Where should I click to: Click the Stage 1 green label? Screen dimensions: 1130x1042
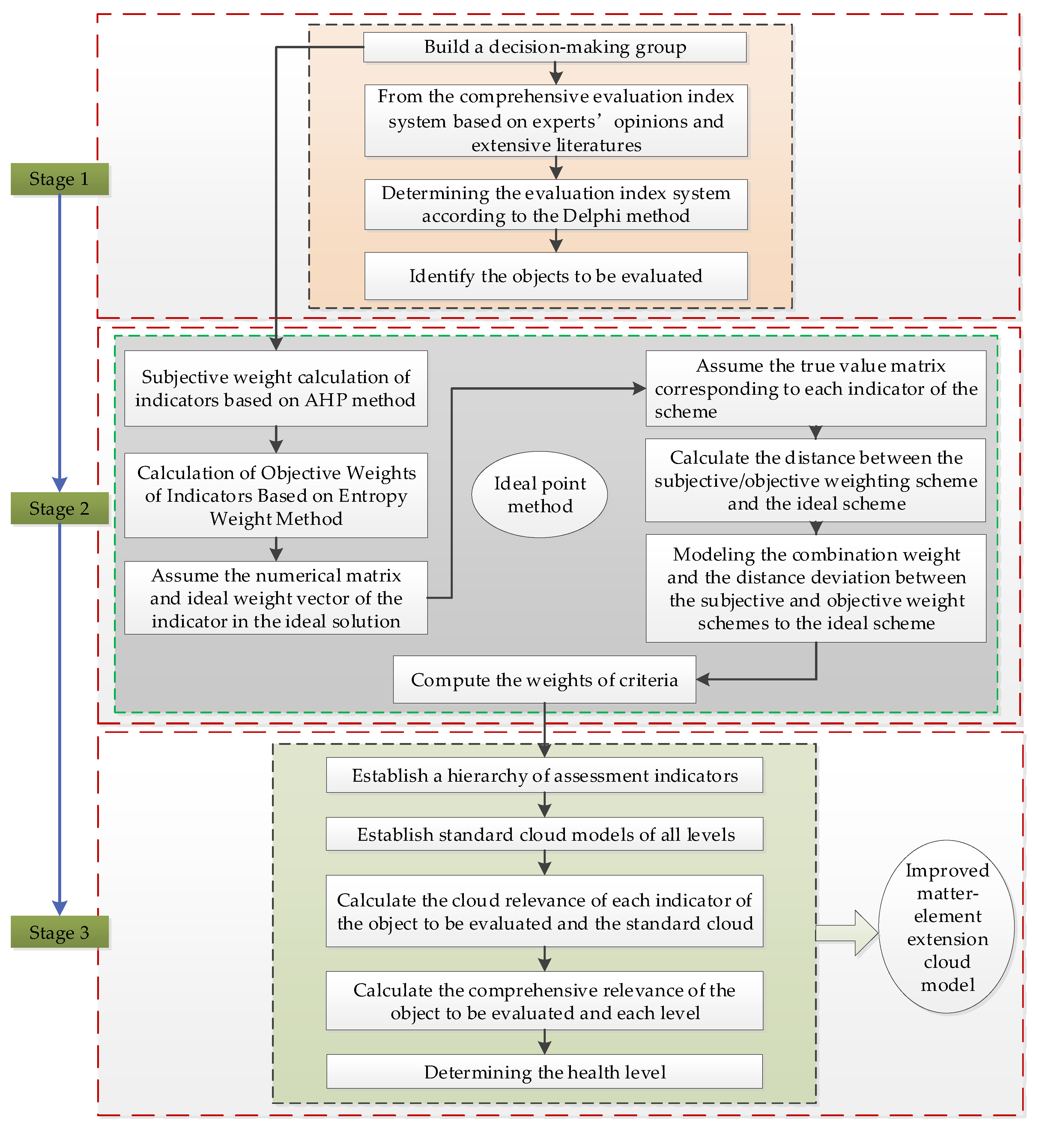tap(59, 179)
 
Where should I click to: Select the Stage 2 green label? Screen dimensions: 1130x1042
tap(59, 508)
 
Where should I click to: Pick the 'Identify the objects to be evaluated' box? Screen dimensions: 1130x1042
tap(556, 276)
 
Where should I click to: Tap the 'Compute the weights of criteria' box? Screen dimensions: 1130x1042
tap(544, 680)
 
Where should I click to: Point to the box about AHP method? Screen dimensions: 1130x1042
tap(276, 388)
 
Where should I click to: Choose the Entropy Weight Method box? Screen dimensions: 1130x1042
tap(276, 495)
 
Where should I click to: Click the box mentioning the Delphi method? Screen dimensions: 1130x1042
tap(556, 205)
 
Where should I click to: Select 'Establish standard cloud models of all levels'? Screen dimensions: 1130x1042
tap(544, 834)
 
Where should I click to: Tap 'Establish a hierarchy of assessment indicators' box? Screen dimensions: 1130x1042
tap(544, 775)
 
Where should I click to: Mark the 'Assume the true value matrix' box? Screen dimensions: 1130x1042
tap(816, 388)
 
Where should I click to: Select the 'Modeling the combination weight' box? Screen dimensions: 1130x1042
tap(816, 588)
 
